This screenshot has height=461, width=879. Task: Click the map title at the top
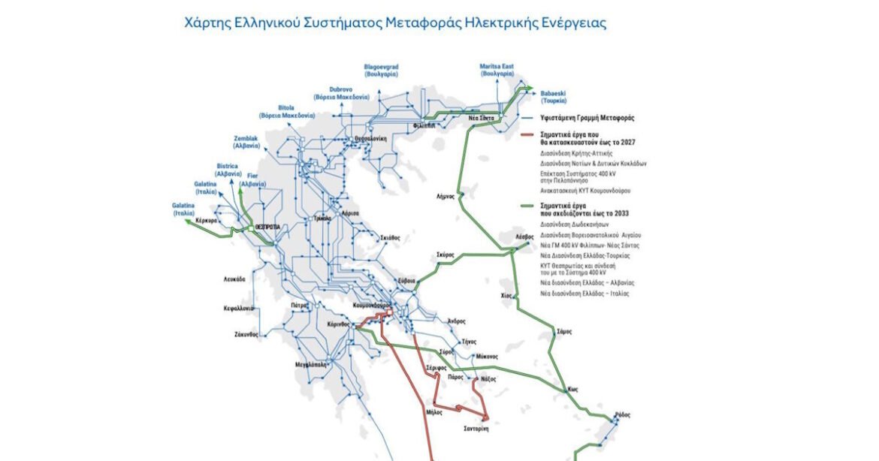395,23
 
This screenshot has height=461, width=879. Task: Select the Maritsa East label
497,71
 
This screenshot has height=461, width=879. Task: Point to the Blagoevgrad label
381,71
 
